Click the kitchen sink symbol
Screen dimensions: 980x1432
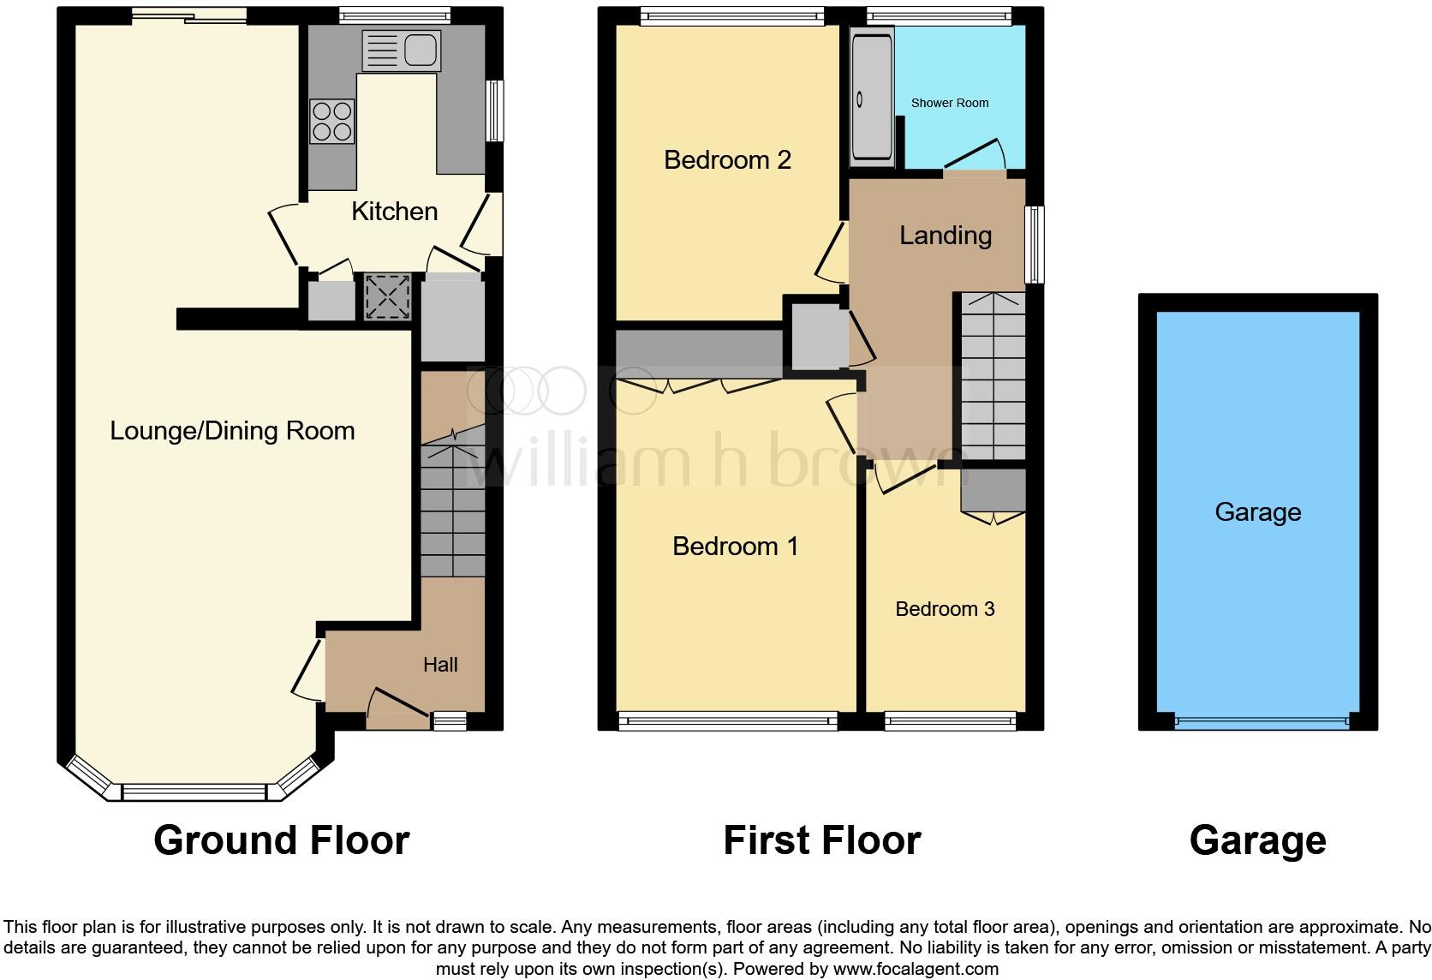402,50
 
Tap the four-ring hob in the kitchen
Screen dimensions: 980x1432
332,121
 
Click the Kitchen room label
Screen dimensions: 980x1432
394,211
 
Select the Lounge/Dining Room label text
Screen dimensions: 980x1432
232,430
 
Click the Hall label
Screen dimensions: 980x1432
440,665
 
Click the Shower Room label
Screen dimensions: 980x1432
949,103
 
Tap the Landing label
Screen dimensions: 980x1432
945,235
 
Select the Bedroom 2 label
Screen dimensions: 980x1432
727,159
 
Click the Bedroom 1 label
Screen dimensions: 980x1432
735,546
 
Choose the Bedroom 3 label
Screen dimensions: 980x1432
945,609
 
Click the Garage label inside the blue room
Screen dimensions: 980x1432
1257,512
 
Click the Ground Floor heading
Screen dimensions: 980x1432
281,840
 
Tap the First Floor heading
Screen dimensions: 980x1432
821,840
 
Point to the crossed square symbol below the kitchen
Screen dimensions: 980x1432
387,297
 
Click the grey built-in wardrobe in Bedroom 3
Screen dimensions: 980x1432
993,489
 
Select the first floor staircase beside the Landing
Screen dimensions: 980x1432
992,377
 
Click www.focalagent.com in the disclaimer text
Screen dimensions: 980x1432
916,970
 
